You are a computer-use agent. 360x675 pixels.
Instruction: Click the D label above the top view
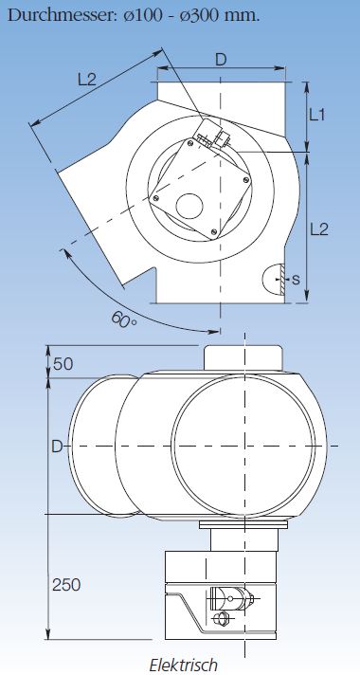click(220, 61)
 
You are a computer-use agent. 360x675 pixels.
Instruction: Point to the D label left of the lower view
click(57, 447)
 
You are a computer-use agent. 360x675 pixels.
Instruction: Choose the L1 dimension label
click(317, 115)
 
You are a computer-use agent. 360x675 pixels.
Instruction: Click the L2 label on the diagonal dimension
click(87, 80)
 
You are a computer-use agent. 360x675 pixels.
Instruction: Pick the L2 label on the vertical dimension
click(319, 229)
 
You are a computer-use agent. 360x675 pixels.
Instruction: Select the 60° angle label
click(124, 320)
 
